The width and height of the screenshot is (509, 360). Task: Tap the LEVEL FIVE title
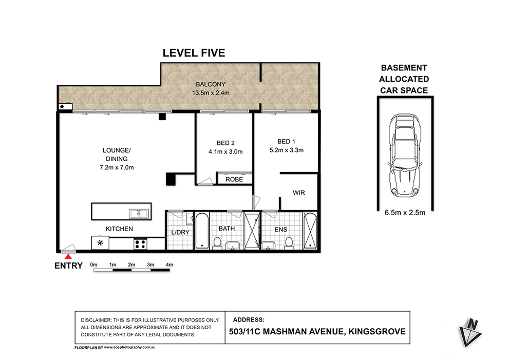coord(194,53)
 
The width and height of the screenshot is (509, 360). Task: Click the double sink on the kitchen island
coord(139,213)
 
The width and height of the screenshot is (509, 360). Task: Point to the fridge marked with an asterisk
coord(100,243)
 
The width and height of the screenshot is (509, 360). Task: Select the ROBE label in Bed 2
coord(234,180)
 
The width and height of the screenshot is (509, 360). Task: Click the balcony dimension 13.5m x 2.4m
coord(210,93)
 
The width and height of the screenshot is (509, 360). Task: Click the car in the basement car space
coord(405,155)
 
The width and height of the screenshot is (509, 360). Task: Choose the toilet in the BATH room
coord(218,242)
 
